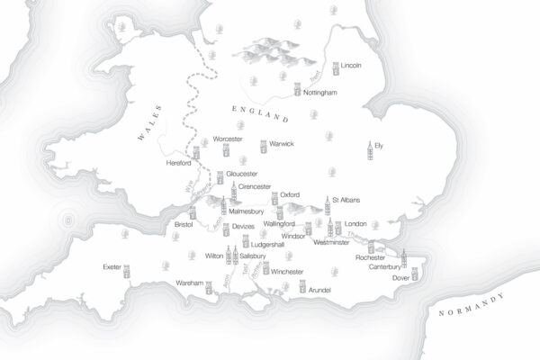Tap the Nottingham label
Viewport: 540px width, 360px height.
(x=319, y=93)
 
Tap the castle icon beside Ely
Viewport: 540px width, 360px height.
(x=368, y=149)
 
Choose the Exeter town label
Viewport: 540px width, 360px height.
(x=112, y=267)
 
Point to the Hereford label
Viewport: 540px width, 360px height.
(x=181, y=164)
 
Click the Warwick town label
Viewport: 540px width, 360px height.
(x=282, y=144)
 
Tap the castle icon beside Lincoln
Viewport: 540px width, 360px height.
(x=336, y=67)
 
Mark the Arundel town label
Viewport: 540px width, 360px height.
(x=319, y=290)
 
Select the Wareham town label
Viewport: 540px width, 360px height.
(x=189, y=283)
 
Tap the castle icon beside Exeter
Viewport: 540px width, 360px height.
(x=128, y=268)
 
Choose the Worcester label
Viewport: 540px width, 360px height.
(x=229, y=139)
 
